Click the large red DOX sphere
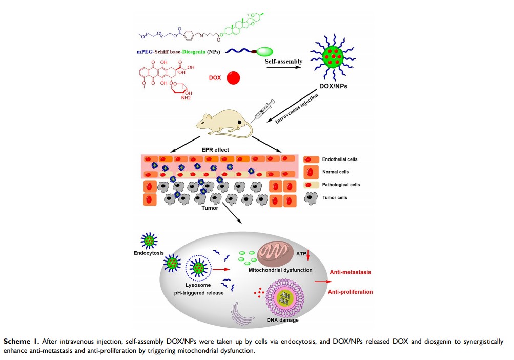click(x=233, y=78)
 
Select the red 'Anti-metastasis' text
click(x=350, y=273)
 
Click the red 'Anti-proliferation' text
click(x=351, y=292)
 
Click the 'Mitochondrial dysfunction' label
click(x=280, y=270)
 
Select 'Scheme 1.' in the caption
click(x=20, y=341)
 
